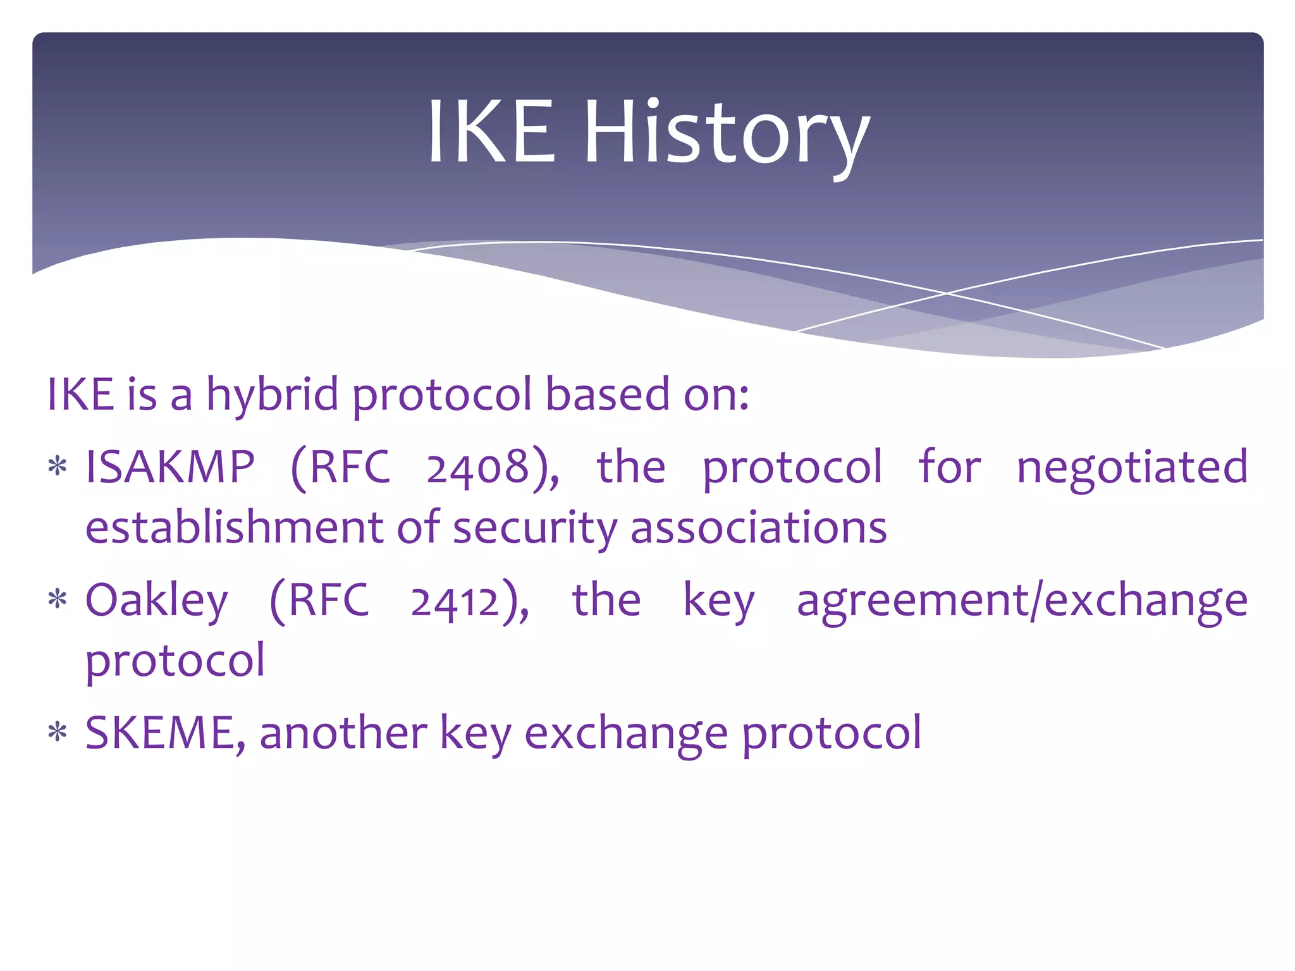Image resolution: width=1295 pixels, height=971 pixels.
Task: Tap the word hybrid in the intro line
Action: coord(273,395)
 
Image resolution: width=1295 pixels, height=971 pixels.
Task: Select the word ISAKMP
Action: coord(170,467)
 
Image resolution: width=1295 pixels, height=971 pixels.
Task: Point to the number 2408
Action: coord(477,468)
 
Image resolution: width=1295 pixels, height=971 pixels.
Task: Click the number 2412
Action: coord(455,601)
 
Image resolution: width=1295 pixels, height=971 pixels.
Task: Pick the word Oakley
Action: coord(156,601)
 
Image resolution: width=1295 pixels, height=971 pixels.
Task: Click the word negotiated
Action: coord(1132,467)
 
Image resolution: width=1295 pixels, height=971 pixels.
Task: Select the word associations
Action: coord(759,528)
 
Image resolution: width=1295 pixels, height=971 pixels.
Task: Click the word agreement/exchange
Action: coord(1022,601)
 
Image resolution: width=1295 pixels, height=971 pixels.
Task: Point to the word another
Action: coord(343,733)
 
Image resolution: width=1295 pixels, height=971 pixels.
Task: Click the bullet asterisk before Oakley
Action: coord(58,600)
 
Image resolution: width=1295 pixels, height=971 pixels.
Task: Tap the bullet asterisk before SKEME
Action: coord(58,733)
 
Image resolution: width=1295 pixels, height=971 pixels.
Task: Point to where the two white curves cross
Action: coord(947,293)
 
